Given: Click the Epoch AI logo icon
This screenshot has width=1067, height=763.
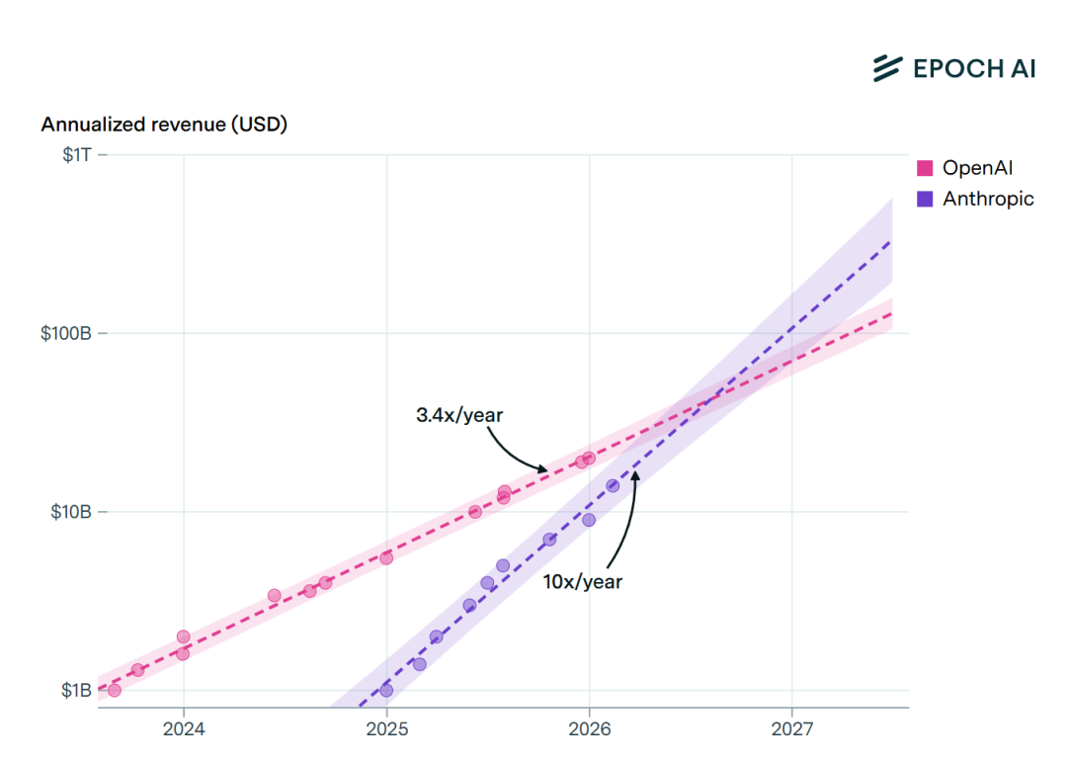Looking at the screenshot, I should click(x=887, y=67).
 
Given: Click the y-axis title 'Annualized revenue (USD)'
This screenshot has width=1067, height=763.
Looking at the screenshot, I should click(x=164, y=125).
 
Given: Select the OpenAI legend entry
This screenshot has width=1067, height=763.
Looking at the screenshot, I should click(x=977, y=167).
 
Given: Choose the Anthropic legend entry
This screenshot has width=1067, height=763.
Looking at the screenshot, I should click(x=987, y=199).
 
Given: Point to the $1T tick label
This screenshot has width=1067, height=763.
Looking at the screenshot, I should click(x=73, y=154).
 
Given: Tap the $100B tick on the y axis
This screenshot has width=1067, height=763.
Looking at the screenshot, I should click(x=66, y=333).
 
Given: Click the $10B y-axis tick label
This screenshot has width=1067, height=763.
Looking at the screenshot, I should click(x=71, y=512).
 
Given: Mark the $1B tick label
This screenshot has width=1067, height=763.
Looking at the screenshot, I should click(x=75, y=690).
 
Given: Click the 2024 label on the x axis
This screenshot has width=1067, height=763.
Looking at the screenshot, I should click(x=183, y=729).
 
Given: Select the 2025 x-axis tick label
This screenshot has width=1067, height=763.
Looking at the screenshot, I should click(x=386, y=729).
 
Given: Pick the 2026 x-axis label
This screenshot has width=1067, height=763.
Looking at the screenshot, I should click(x=589, y=729).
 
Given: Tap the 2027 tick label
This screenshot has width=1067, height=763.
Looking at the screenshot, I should click(x=791, y=729).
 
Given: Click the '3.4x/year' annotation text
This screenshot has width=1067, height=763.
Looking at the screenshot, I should click(x=459, y=415).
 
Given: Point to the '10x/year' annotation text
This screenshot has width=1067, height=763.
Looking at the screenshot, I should click(x=583, y=581).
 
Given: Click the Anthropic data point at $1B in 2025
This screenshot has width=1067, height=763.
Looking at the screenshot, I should click(x=386, y=690).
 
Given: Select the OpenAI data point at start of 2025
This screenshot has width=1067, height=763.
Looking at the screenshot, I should click(x=386, y=557).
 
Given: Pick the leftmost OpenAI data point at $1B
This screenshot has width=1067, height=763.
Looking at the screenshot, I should click(x=114, y=690).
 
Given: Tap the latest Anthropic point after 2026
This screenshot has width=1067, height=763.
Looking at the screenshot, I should click(x=613, y=485).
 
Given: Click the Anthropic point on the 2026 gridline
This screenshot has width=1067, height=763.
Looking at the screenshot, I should click(x=589, y=520).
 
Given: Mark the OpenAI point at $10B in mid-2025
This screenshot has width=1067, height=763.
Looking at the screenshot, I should click(x=475, y=512).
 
